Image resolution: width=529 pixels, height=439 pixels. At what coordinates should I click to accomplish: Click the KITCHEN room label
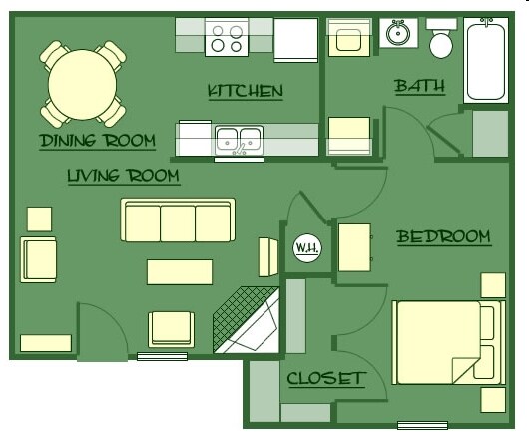pyautogui.click(x=245, y=92)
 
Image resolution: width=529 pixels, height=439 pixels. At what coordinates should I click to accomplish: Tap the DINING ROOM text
pyautogui.click(x=97, y=141)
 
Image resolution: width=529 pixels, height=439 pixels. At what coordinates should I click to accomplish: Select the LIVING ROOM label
pyautogui.click(x=123, y=177)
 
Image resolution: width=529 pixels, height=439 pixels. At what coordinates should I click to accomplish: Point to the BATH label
pyautogui.click(x=419, y=87)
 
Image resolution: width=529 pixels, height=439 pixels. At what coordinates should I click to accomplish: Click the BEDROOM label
pyautogui.click(x=443, y=237)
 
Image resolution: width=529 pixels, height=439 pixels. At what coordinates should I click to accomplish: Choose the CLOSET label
pyautogui.click(x=325, y=379)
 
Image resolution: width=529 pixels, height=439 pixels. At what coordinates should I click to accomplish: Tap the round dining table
pyautogui.click(x=84, y=83)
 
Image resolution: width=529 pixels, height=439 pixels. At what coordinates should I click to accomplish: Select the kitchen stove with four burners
pyautogui.click(x=227, y=38)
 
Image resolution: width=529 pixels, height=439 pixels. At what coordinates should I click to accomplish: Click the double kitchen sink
pyautogui.click(x=239, y=139)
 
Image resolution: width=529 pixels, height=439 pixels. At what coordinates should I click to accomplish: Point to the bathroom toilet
pyautogui.click(x=441, y=38)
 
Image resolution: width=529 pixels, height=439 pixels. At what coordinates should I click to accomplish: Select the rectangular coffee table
pyautogui.click(x=180, y=271)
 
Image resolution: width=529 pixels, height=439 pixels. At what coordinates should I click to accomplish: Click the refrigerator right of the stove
pyautogui.click(x=296, y=40)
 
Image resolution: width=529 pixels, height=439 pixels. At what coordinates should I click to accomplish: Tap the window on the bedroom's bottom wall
pyautogui.click(x=422, y=425)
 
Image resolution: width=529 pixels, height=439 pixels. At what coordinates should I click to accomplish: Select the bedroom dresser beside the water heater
pyautogui.click(x=354, y=246)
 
